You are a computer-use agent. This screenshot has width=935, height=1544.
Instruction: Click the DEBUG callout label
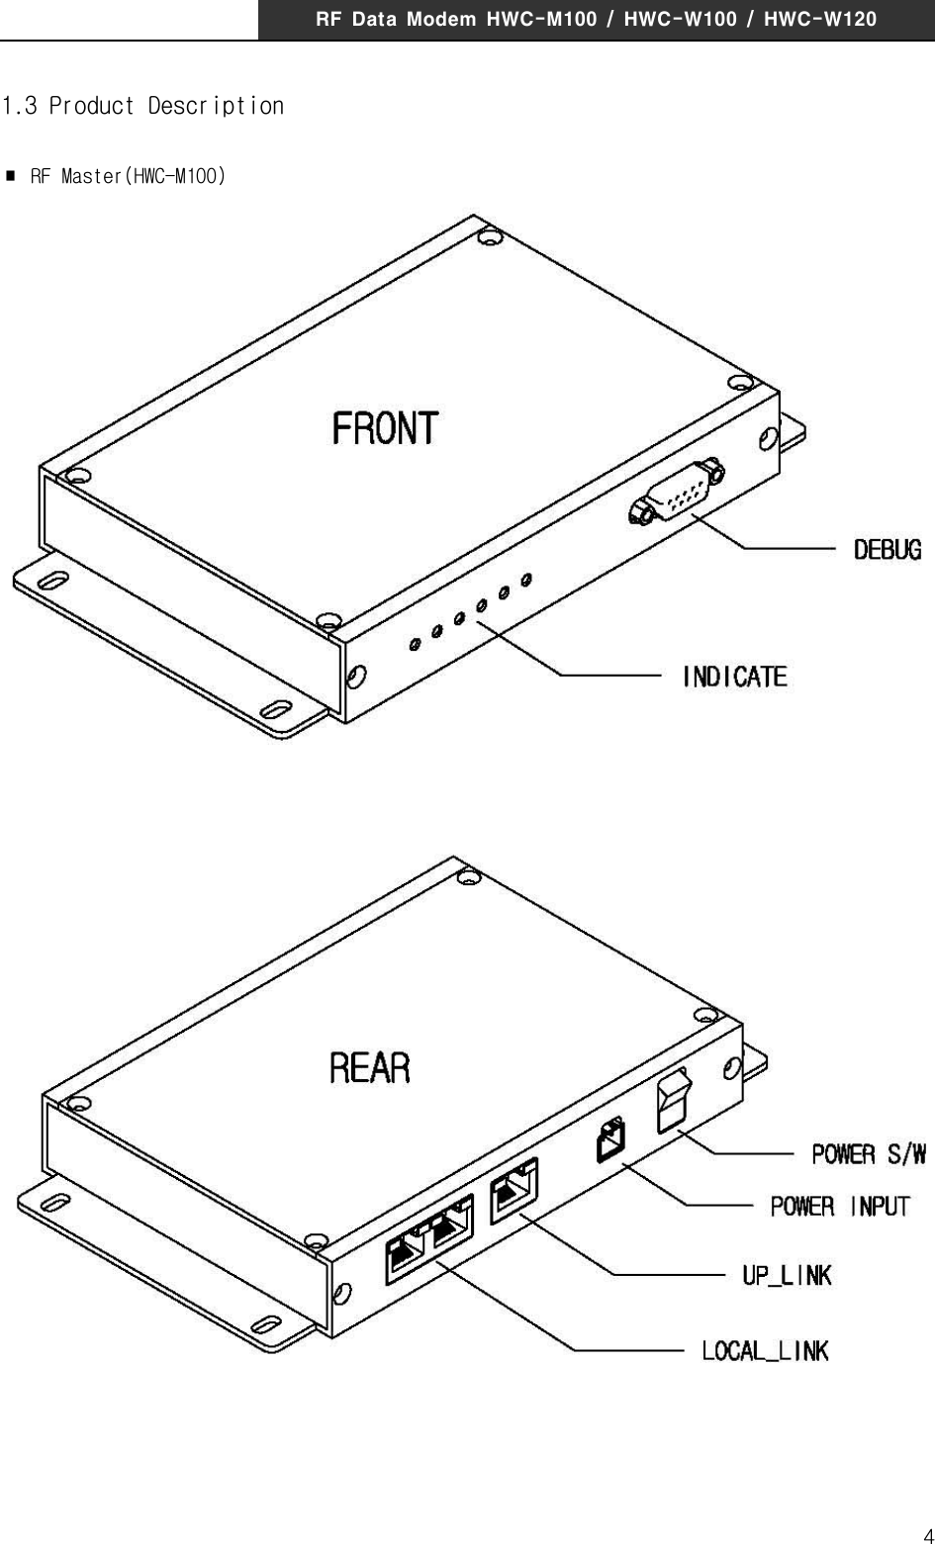888,549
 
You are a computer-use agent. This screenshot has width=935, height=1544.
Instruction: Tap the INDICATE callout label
735,677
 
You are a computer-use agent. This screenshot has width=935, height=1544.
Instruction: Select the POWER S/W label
869,1153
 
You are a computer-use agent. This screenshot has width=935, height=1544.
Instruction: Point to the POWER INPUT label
839,1206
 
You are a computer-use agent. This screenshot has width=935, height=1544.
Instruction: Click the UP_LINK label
787,1275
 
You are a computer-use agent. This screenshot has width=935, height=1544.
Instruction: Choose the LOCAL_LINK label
765,1350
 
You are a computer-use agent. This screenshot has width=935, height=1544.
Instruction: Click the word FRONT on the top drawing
385,429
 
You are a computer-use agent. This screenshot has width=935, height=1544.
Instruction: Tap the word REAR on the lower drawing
369,1068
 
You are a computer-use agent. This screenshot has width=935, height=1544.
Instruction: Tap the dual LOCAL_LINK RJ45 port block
429,1238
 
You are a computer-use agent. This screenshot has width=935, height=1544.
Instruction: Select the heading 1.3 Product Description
143,106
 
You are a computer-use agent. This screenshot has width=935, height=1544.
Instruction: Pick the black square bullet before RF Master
11,177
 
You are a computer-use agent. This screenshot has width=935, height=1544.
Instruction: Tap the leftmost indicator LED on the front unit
415,645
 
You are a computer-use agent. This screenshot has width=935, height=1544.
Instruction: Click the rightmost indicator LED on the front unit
526,578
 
